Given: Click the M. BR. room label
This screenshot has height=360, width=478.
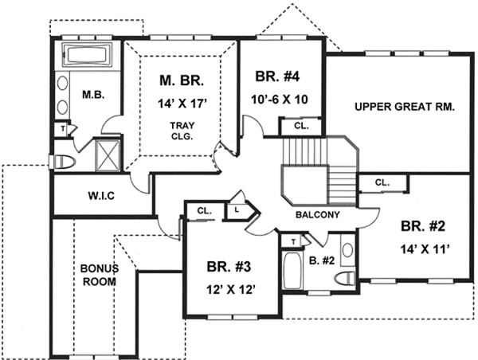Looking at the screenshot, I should point(182,80).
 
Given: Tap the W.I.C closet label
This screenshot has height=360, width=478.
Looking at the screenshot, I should point(101,196).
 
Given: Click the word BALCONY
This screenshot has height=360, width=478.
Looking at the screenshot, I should point(318,215).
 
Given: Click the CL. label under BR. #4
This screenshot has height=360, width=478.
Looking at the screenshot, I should point(300,126).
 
